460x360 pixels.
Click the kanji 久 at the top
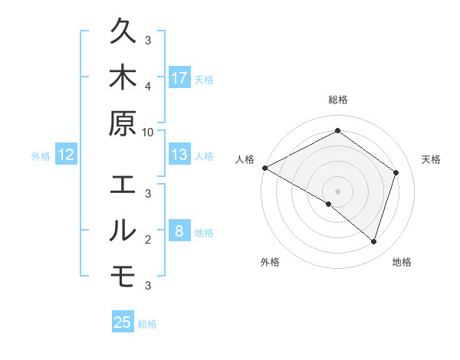[123, 32]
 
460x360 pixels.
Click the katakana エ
[123, 185]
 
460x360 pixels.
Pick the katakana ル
[123, 231]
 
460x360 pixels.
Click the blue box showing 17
[179, 77]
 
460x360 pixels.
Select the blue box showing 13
[179, 155]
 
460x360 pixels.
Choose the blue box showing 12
[66, 155]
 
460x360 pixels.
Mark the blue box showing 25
[123, 322]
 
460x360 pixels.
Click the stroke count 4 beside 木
[148, 85]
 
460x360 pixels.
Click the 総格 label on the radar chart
[338, 100]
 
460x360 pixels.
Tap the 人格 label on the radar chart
[245, 159]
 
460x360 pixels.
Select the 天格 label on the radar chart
[431, 159]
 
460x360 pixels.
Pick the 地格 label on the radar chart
[402, 262]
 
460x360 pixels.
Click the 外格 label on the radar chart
[270, 262]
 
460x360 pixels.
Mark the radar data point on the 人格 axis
[264, 168]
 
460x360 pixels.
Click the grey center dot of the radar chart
[338, 191]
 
